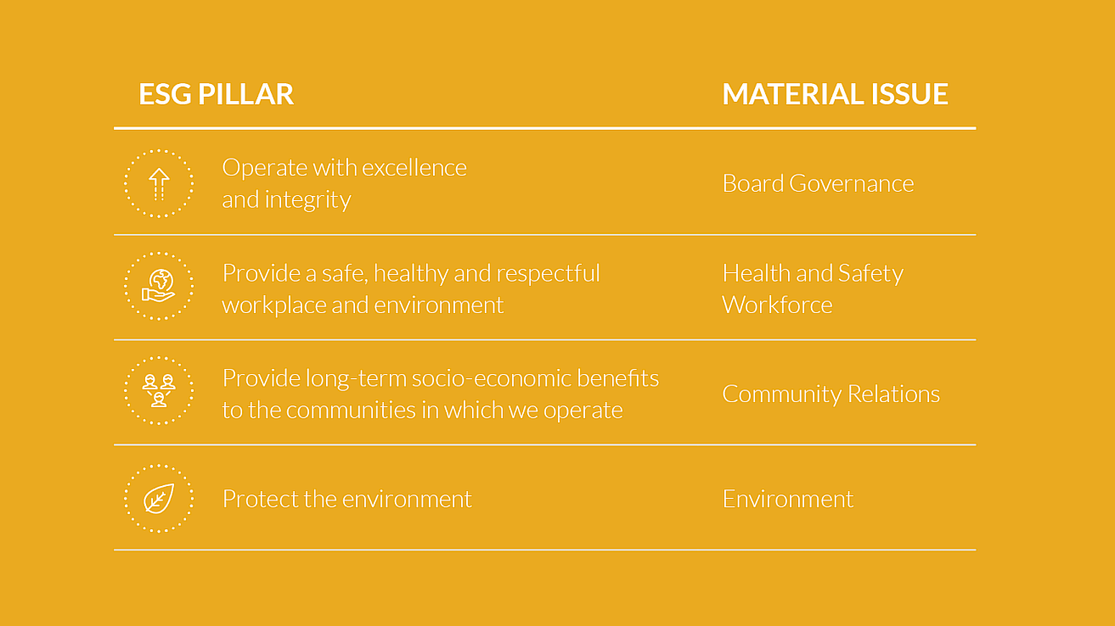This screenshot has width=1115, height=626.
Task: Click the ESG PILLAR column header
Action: (x=216, y=94)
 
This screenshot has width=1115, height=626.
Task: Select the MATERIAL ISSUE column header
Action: (x=835, y=94)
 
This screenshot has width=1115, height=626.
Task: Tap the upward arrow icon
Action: (x=160, y=184)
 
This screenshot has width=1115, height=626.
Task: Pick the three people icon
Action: (x=159, y=391)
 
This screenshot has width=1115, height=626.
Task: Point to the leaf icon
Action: (x=160, y=498)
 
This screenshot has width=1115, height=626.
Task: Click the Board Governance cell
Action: (x=818, y=183)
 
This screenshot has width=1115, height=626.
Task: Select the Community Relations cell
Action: (x=831, y=394)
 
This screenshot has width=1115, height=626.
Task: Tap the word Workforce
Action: (x=777, y=305)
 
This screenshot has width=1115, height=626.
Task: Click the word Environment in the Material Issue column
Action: (x=788, y=499)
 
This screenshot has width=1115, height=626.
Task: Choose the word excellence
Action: (x=414, y=168)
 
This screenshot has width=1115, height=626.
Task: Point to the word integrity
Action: (x=307, y=200)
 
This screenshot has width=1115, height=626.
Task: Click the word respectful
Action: (x=548, y=274)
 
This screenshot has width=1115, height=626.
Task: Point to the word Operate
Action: (x=264, y=169)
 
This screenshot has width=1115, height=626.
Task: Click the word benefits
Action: (x=617, y=378)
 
